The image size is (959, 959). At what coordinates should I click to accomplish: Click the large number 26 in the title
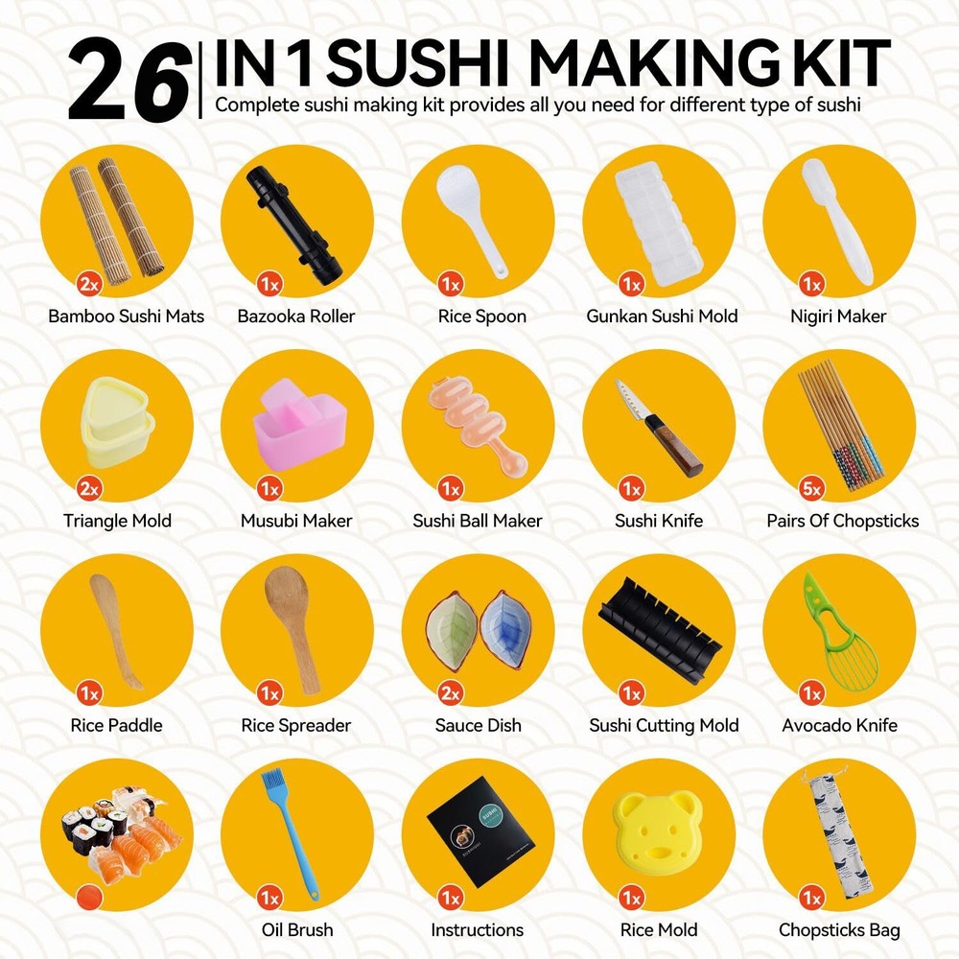click(x=129, y=80)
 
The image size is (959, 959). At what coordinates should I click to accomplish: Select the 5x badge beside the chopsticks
click(x=811, y=488)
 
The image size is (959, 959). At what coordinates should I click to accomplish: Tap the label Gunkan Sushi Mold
click(x=662, y=316)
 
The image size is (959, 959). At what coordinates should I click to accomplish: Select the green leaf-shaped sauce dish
click(x=453, y=627)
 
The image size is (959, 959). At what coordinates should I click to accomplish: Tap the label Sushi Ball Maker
click(x=477, y=521)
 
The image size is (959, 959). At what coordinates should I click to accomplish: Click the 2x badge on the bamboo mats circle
click(x=89, y=284)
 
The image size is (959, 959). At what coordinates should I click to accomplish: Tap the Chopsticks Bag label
click(x=839, y=930)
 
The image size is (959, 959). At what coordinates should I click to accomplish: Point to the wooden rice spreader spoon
click(x=292, y=629)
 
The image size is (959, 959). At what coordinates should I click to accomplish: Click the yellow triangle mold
click(x=117, y=421)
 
